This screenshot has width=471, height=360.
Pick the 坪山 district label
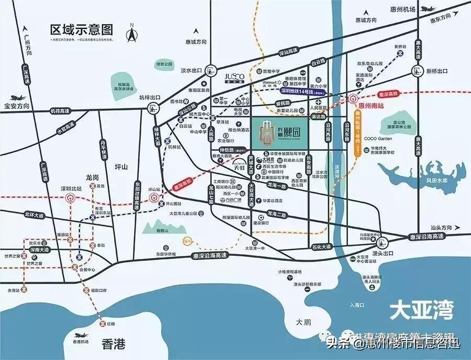120,166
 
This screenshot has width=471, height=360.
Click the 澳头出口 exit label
383,253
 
